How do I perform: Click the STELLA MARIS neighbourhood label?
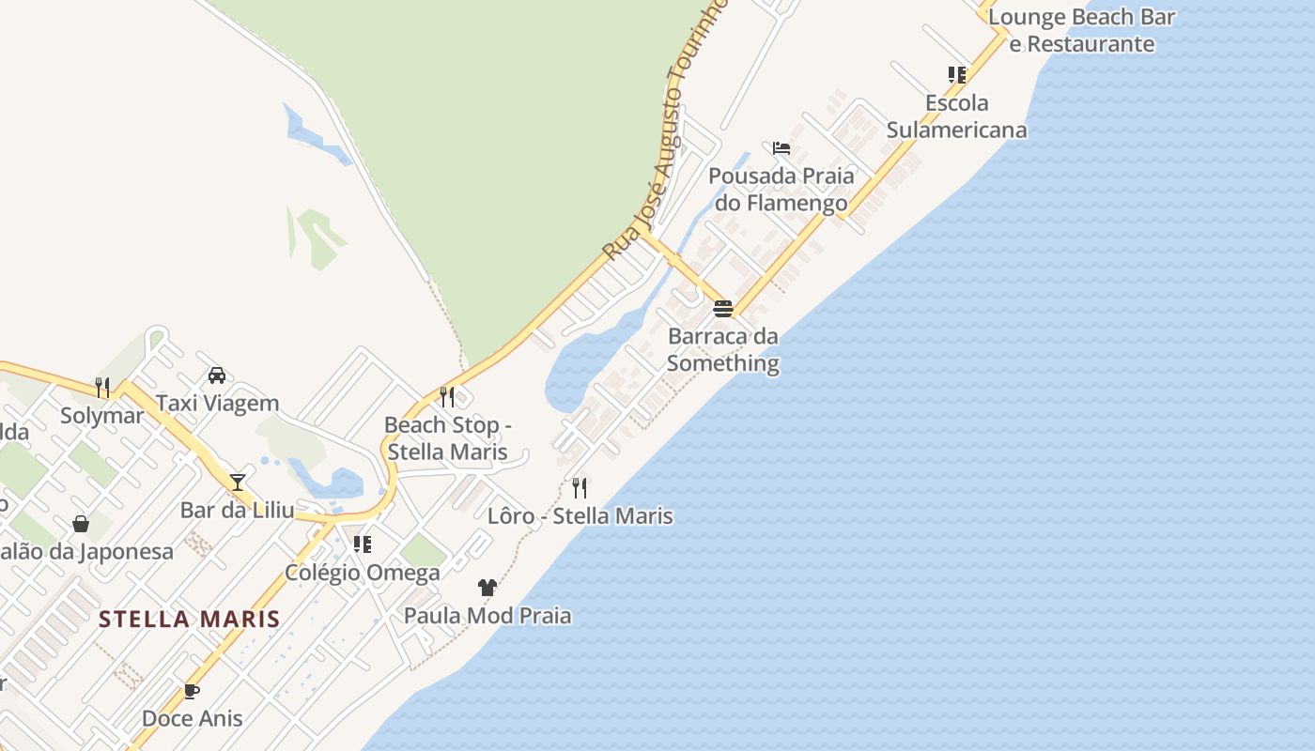point(189,620)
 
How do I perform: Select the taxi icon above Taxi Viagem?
point(217,375)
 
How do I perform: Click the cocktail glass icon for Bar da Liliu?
point(238,483)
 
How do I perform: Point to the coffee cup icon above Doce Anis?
point(192,692)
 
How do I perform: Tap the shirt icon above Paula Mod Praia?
point(487,589)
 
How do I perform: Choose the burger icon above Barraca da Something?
point(722,309)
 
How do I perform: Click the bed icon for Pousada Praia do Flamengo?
point(781,148)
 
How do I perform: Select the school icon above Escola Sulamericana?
point(956,75)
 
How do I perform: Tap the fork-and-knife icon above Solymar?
point(102,387)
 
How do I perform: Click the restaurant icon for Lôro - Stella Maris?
point(580,488)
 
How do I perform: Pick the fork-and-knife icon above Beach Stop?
point(447,397)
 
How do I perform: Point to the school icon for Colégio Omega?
point(362,544)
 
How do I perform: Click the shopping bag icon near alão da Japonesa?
point(81,524)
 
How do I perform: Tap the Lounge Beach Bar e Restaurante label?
point(1081,30)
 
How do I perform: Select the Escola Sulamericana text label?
point(956,116)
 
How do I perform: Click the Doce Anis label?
point(192,719)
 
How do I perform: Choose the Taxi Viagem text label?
point(217,404)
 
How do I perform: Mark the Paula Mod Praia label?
point(487,616)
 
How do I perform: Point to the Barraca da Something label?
point(722,349)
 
